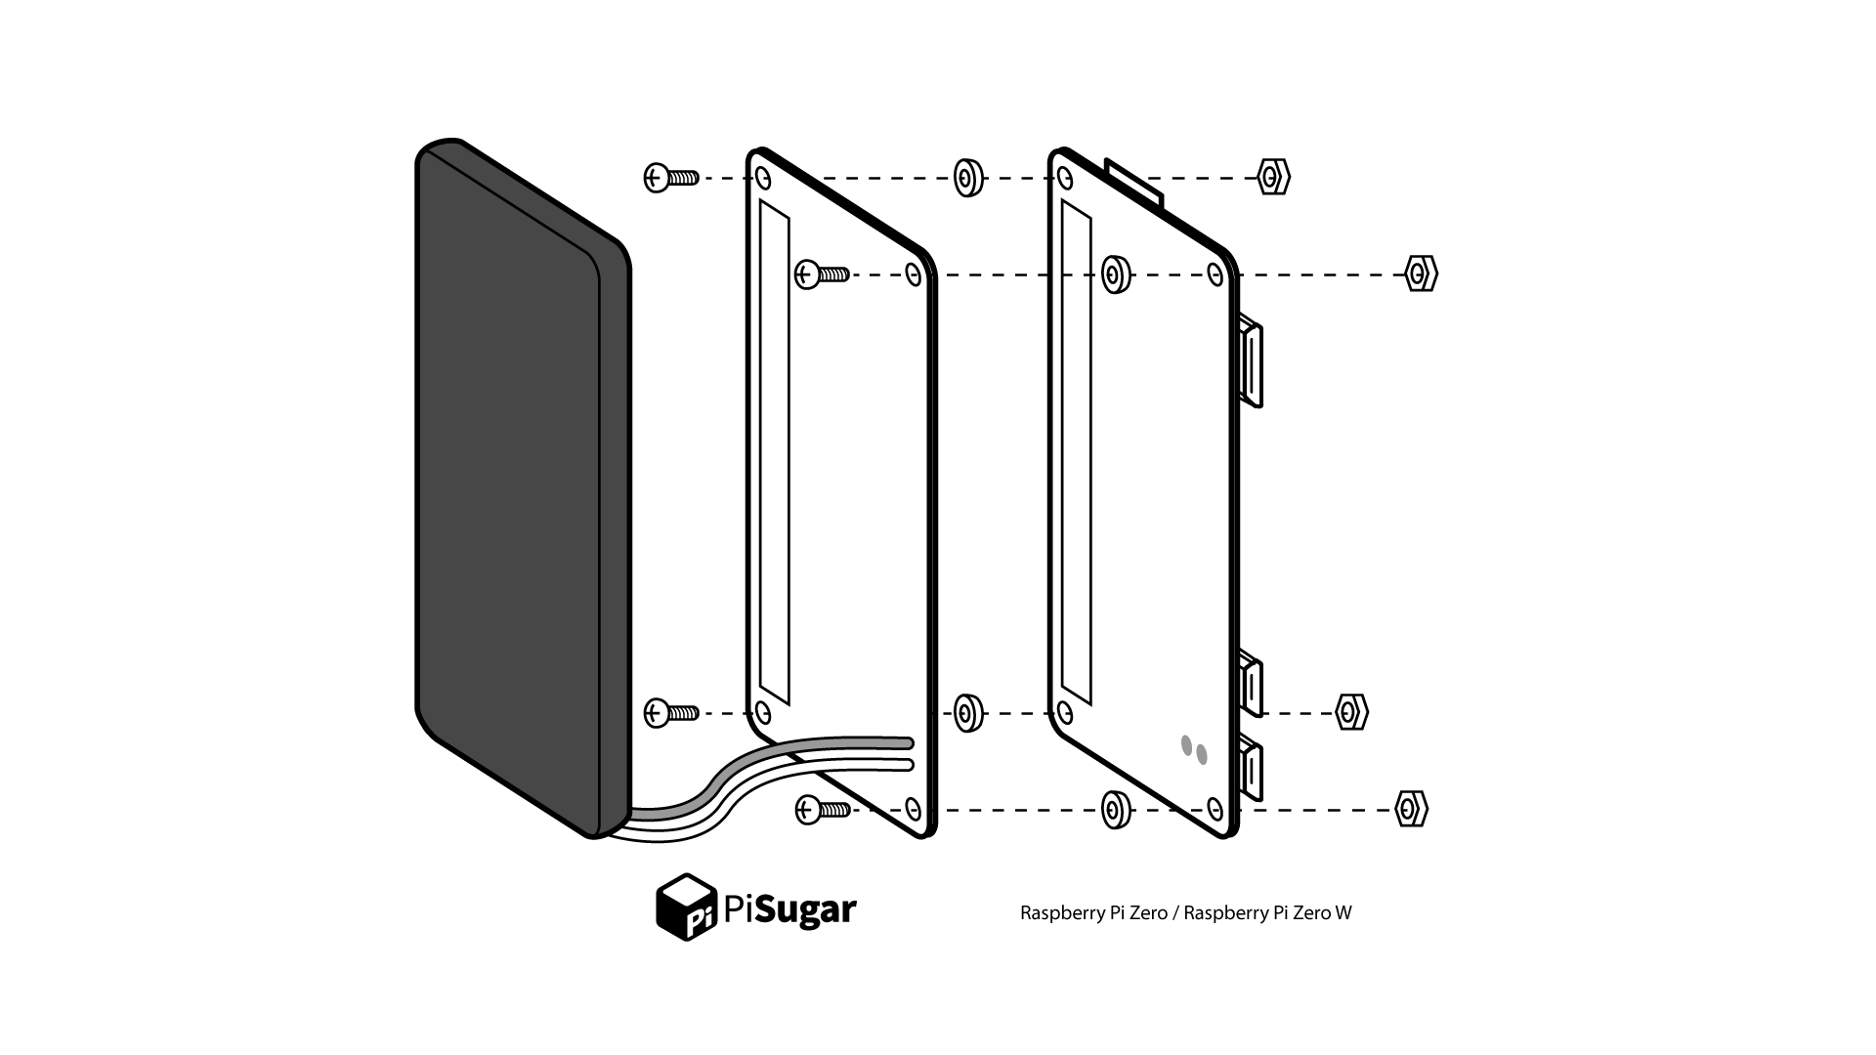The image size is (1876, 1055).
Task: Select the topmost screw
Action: [x=671, y=178]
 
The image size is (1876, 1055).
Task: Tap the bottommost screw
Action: [x=823, y=809]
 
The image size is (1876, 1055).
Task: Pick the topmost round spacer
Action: [x=968, y=178]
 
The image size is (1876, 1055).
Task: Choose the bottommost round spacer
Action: [x=1116, y=810]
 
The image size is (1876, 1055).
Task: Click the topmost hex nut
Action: [x=1273, y=178]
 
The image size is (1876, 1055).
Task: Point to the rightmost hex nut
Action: [x=1422, y=274]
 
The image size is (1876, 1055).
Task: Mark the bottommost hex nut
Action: [x=1411, y=809]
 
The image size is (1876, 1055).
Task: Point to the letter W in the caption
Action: [x=1343, y=913]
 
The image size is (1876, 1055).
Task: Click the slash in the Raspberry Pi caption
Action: [x=1175, y=913]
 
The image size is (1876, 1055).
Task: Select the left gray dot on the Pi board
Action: [x=1187, y=745]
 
